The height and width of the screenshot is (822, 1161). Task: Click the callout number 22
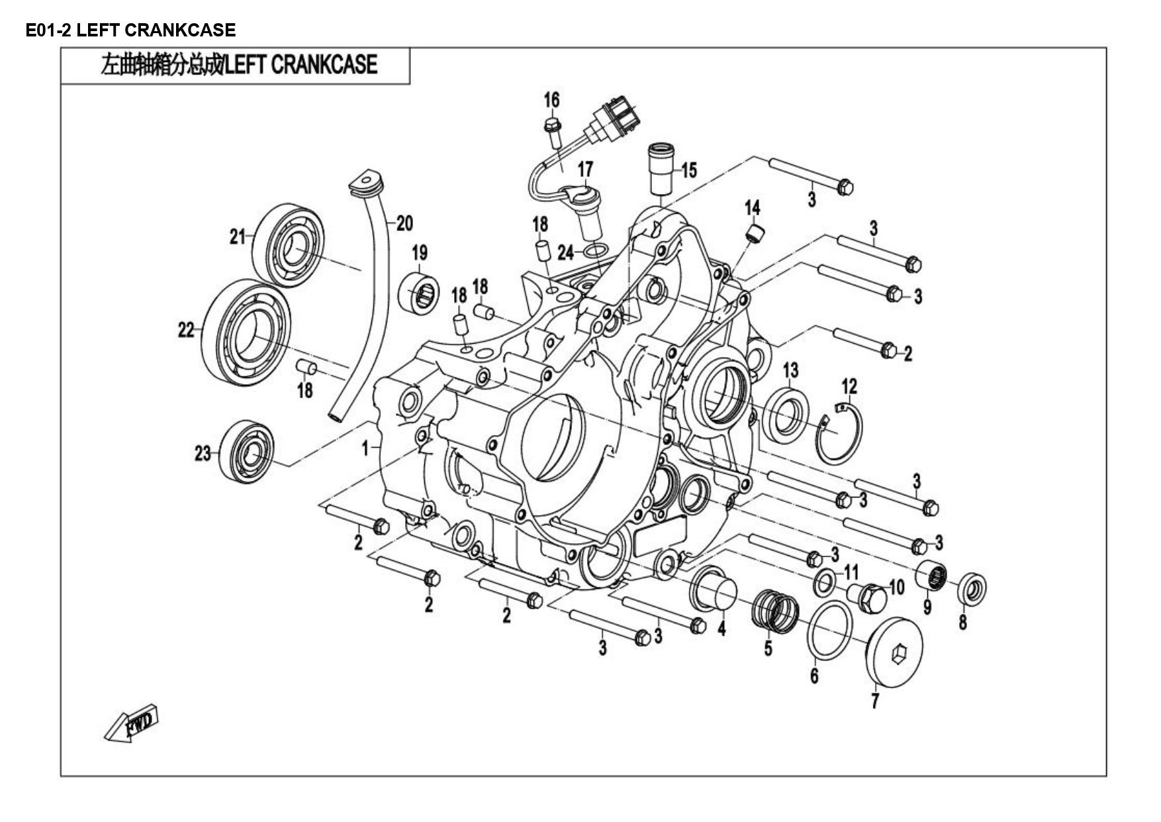pyautogui.click(x=187, y=329)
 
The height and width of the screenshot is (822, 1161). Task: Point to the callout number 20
pyautogui.click(x=404, y=223)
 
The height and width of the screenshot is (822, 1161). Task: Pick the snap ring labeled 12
pyautogui.click(x=839, y=434)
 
